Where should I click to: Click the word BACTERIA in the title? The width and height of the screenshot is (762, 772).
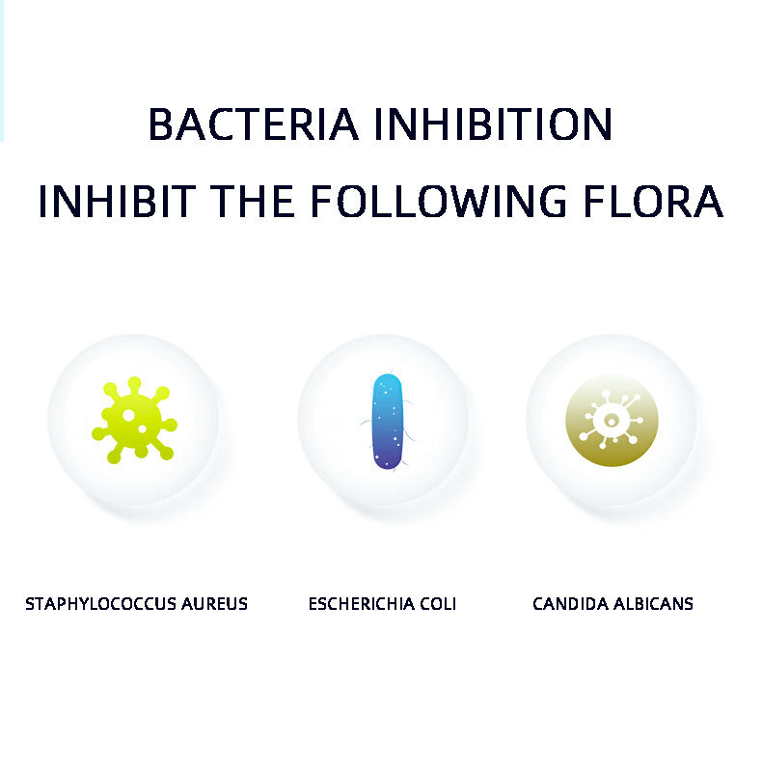click(253, 124)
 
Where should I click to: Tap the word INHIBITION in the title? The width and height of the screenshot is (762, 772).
click(494, 124)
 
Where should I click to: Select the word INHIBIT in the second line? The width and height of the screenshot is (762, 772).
click(117, 201)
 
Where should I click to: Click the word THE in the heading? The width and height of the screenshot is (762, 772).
click(253, 201)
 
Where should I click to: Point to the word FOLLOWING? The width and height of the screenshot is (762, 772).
click(439, 201)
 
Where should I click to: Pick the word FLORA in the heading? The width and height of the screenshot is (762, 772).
click(653, 201)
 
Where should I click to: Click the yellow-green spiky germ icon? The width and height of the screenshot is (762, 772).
click(134, 420)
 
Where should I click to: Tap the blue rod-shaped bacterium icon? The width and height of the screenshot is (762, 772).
click(388, 422)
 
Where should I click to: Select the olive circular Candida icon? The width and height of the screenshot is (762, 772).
click(612, 420)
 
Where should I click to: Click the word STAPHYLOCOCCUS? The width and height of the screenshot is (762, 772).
click(101, 604)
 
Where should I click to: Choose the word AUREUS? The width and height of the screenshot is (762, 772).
click(214, 604)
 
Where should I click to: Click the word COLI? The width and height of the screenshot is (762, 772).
click(438, 604)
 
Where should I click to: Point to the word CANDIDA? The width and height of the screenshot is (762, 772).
click(570, 604)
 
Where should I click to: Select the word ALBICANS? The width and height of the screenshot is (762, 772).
click(653, 604)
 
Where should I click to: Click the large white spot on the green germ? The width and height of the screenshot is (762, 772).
click(128, 415)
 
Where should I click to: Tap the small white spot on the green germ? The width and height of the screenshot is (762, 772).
click(142, 429)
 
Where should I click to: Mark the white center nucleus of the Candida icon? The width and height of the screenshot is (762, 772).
click(612, 421)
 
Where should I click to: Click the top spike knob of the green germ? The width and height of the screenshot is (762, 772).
click(134, 383)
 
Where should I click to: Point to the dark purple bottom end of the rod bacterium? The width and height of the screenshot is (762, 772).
click(388, 460)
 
